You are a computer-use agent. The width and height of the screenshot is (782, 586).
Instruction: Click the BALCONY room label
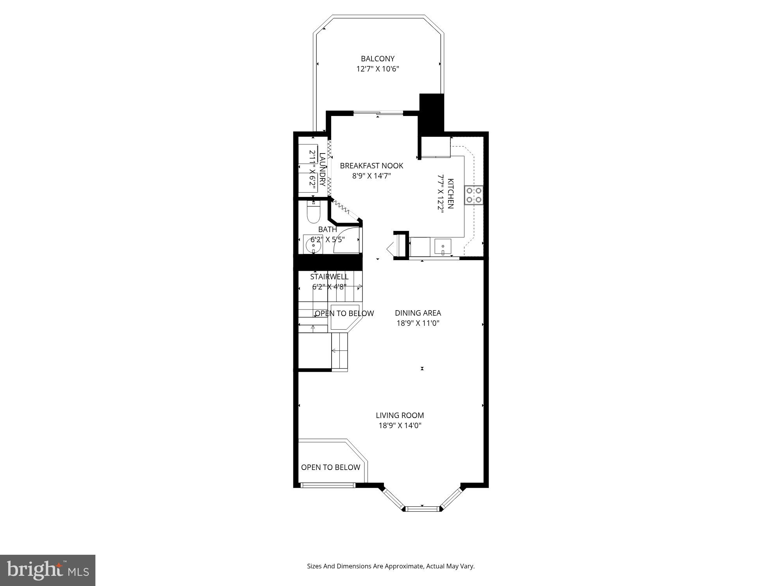[x=377, y=59]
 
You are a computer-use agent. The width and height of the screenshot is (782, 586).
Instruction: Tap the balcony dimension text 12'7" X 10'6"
[x=377, y=69]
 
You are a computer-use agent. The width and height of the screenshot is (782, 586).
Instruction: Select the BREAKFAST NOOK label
[x=371, y=166]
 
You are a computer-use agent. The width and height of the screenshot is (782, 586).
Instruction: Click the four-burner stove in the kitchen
[x=474, y=195]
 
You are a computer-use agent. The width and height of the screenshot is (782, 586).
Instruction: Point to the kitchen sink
[x=443, y=247]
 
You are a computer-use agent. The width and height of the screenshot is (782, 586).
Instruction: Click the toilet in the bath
[x=313, y=213]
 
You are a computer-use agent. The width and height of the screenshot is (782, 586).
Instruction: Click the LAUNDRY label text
[x=322, y=169]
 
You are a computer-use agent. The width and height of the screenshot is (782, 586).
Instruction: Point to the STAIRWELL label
[x=329, y=277]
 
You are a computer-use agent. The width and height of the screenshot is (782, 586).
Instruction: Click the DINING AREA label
[x=418, y=313]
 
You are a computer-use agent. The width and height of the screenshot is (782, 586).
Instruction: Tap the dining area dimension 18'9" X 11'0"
[x=418, y=323]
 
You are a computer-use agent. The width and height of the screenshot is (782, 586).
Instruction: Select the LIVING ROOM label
[x=400, y=415]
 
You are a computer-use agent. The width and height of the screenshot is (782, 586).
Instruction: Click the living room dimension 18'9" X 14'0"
[x=400, y=425]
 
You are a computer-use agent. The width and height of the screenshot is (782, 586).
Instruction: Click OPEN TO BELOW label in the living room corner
[x=330, y=467]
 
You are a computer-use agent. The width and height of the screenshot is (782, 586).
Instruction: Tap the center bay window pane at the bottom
[x=422, y=509]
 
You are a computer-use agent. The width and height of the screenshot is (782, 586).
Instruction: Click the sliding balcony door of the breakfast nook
[x=378, y=113]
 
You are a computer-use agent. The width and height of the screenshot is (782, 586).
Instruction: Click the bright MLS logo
[x=47, y=570]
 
